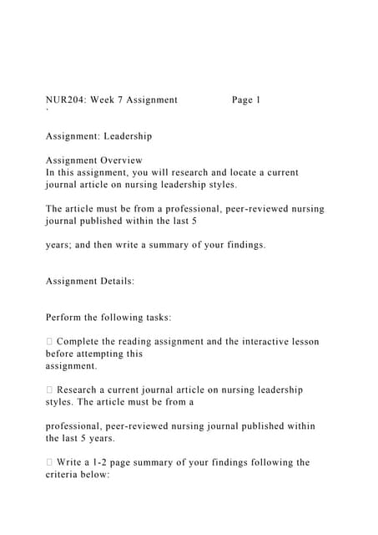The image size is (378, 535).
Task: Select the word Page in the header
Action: coord(244,100)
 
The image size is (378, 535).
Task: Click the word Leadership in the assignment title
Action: coord(128,135)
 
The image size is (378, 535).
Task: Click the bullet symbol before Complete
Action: coord(49,342)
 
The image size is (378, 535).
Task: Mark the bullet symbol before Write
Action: coord(49,462)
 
